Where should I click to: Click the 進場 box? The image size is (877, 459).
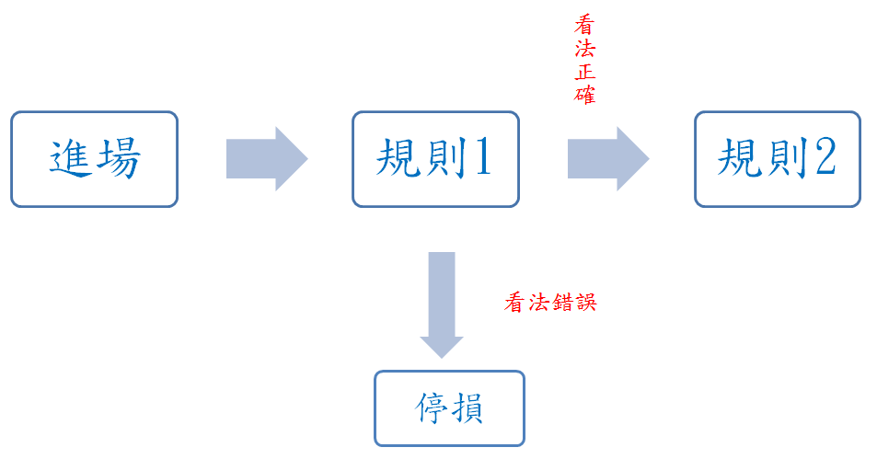click(x=95, y=159)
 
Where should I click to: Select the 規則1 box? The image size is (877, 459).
click(x=435, y=159)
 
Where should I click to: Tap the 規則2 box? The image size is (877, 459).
click(x=778, y=159)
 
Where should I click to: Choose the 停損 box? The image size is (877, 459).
click(x=450, y=408)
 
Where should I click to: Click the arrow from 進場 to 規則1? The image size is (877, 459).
click(x=267, y=159)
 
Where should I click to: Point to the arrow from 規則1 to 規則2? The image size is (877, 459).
click(x=608, y=159)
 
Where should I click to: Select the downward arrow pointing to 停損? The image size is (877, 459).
click(x=442, y=304)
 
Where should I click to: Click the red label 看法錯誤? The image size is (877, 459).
click(x=551, y=303)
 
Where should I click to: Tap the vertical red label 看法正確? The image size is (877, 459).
click(x=585, y=60)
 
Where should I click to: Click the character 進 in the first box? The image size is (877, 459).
click(x=71, y=159)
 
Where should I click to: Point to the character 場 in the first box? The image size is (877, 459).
click(x=118, y=159)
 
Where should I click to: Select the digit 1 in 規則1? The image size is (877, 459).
click(x=483, y=157)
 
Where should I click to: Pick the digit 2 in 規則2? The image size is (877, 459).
click(x=825, y=157)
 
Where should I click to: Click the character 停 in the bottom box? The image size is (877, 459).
click(x=432, y=407)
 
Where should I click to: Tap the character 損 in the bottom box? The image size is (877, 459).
click(x=467, y=407)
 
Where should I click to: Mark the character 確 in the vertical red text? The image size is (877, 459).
click(x=585, y=95)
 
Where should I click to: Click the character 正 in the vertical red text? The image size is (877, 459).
click(x=585, y=72)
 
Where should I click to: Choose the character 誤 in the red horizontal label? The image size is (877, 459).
click(x=586, y=303)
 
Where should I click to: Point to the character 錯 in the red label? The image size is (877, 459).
click(x=562, y=303)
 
